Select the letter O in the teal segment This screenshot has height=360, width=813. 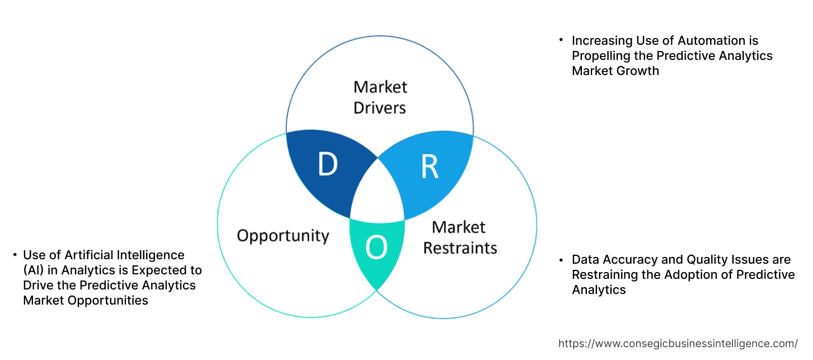click(x=376, y=249)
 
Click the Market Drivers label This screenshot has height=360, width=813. click(x=380, y=97)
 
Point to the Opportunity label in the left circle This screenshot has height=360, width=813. click(x=283, y=235)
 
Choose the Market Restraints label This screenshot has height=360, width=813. click(x=459, y=237)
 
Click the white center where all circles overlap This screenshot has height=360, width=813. click(x=378, y=193)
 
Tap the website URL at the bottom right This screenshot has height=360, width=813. click(x=678, y=343)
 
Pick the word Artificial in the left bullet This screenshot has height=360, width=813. click(x=87, y=255)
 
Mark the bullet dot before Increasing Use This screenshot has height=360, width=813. click(x=561, y=40)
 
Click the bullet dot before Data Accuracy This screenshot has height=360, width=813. click(x=561, y=259)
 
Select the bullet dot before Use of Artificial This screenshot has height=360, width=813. click(x=15, y=255)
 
